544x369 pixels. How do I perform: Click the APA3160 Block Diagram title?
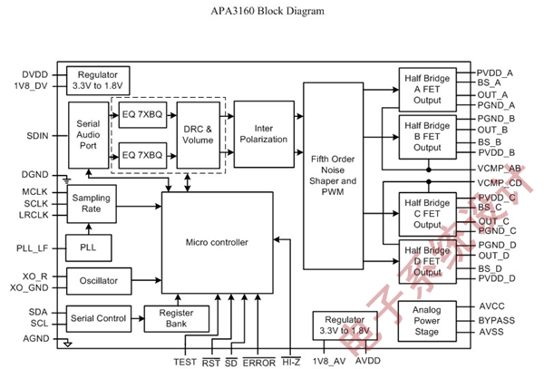point(271,11)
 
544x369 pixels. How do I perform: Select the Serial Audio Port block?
point(88,134)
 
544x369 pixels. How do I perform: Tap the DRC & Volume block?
point(196,133)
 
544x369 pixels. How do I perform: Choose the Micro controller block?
point(217,242)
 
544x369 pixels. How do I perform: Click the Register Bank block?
point(177,317)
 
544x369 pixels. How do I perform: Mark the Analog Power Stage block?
point(426,319)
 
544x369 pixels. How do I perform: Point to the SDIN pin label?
point(37,135)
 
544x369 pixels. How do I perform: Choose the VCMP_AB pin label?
point(500,168)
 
